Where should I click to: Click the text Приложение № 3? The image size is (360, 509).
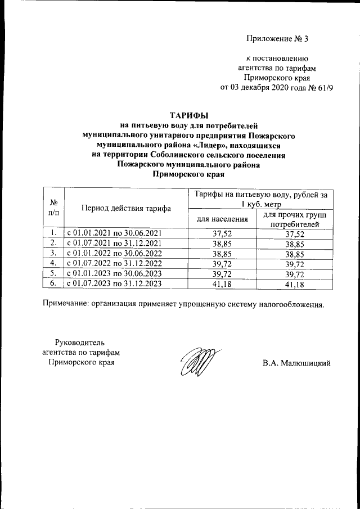pos(278,39)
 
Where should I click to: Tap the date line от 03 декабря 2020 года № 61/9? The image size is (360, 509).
pos(276,88)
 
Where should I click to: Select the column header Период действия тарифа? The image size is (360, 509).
pos(127,208)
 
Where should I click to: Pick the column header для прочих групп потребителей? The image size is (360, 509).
pos(295,219)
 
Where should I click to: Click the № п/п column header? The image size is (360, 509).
pos(55,207)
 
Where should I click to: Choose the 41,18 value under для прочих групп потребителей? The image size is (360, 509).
pos(295,284)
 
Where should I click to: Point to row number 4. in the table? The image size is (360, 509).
pos(53,263)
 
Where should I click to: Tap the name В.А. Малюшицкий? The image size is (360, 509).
pos(296,363)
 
